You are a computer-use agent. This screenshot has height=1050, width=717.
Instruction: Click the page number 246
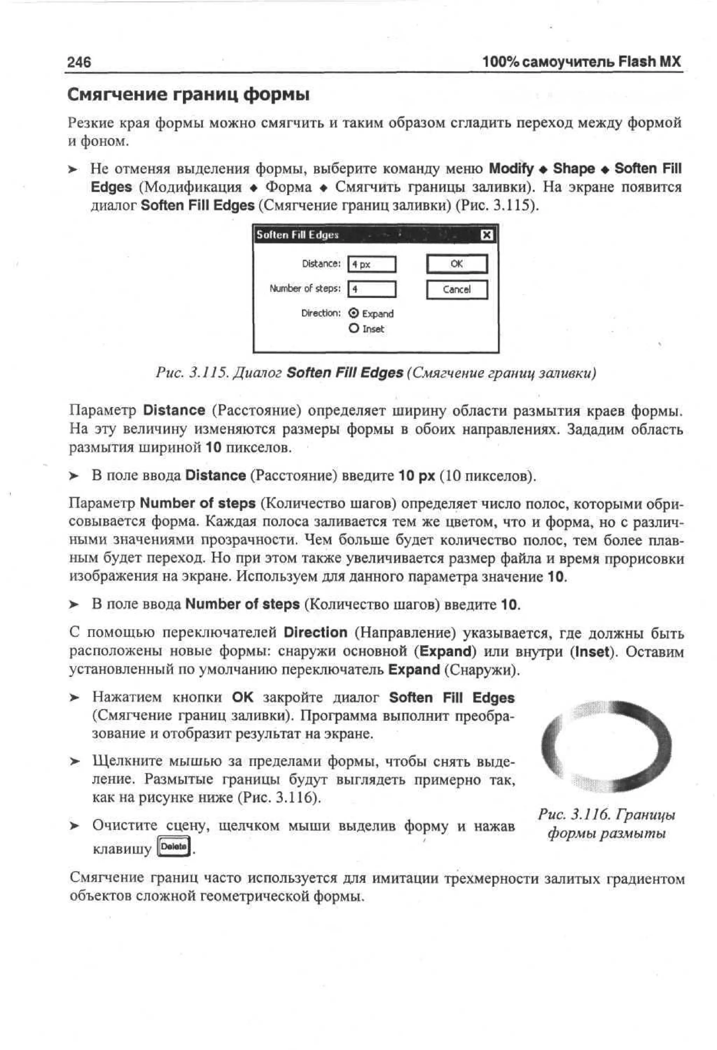click(x=79, y=62)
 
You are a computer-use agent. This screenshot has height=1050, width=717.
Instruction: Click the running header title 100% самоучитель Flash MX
click(x=581, y=62)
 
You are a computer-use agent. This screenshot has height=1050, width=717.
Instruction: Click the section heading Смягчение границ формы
click(x=188, y=95)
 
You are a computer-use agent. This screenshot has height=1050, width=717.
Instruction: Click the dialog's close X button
click(x=486, y=235)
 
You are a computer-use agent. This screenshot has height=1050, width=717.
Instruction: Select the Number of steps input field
click(x=372, y=289)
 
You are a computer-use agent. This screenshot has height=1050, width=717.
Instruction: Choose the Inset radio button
click(x=354, y=328)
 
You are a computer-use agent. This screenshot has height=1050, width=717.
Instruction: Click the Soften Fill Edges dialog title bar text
click(x=297, y=235)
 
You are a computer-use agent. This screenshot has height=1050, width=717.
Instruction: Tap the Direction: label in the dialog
click(x=321, y=313)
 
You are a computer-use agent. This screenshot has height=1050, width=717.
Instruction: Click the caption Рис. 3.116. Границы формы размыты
click(x=606, y=823)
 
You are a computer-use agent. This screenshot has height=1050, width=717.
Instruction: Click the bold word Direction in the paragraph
click(x=315, y=633)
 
